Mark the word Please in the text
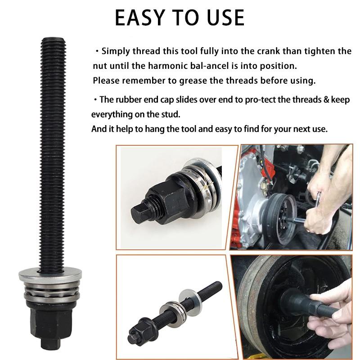coord(106,81)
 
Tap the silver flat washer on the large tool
coord(50,274)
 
